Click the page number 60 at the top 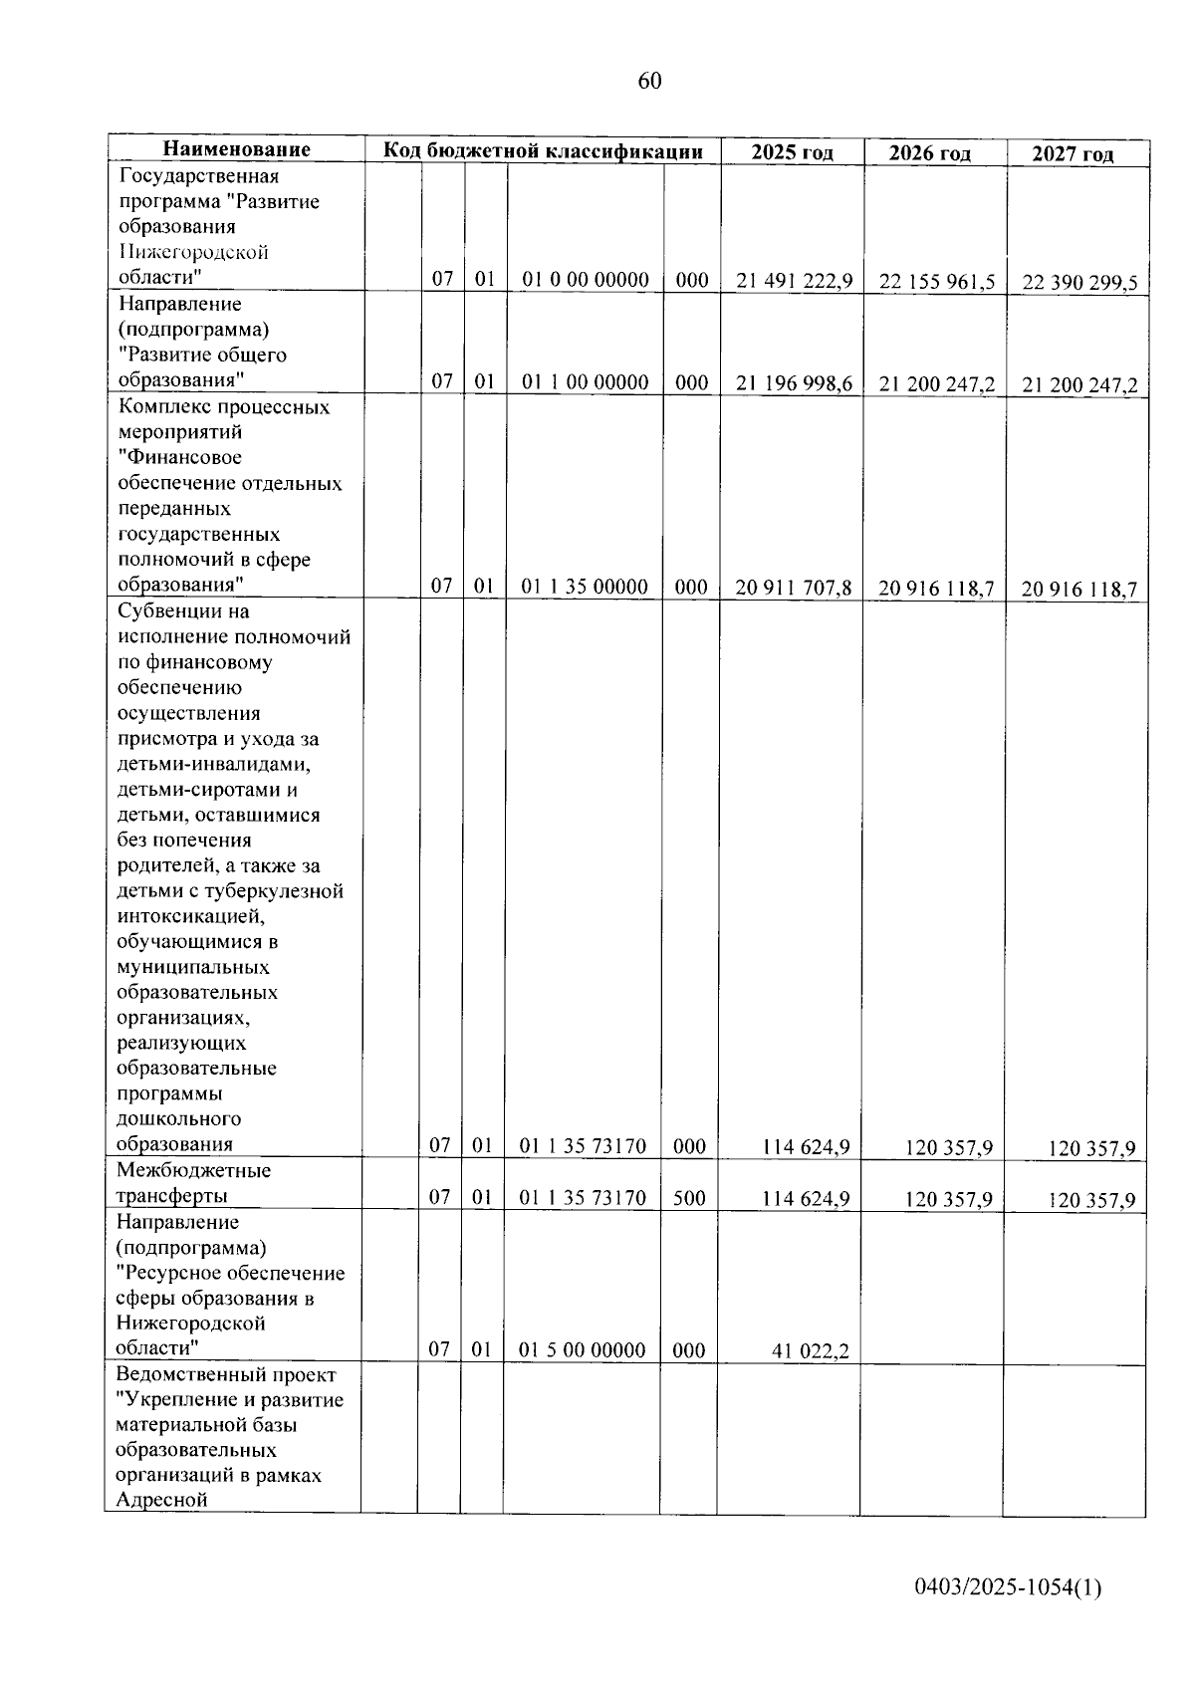click(x=648, y=81)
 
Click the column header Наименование click(x=237, y=149)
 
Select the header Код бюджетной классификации click(x=544, y=151)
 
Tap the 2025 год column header click(x=792, y=152)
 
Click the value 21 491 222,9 click(x=794, y=281)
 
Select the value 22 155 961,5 click(x=937, y=282)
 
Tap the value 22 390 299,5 click(x=1079, y=283)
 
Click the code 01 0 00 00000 click(x=586, y=280)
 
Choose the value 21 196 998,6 click(x=794, y=383)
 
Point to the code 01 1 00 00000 click(x=586, y=382)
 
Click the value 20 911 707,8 click(x=793, y=588)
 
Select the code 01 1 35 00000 click(x=585, y=587)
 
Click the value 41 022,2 click(x=811, y=1351)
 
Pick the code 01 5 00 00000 click(x=583, y=1350)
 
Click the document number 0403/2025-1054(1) click(x=1008, y=1587)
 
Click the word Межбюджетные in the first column click(x=193, y=1170)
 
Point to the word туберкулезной click(x=281, y=891)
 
